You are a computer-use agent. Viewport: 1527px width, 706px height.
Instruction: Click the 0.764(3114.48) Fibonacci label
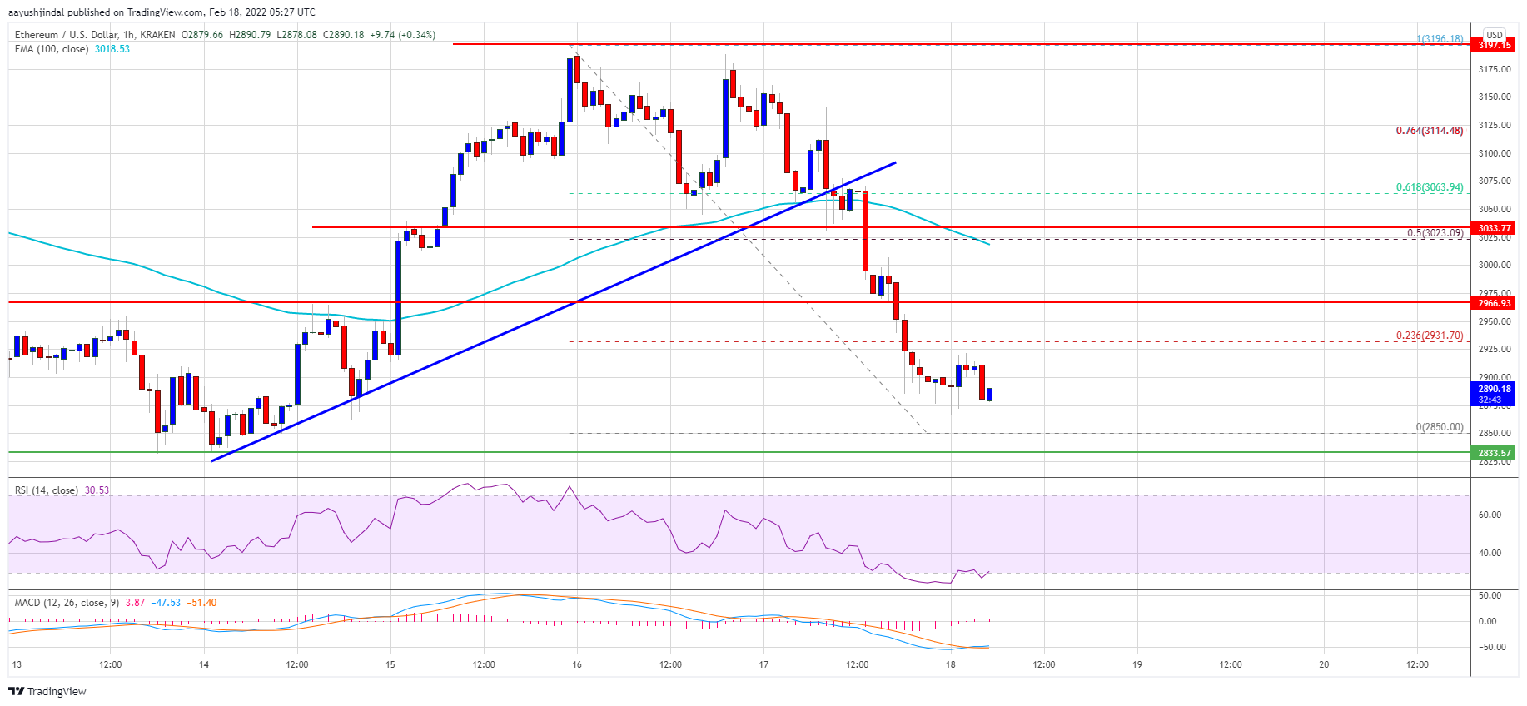(x=1429, y=131)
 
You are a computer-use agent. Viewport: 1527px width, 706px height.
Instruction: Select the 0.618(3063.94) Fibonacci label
(x=1429, y=187)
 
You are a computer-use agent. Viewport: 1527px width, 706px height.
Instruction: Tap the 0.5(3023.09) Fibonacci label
(x=1435, y=233)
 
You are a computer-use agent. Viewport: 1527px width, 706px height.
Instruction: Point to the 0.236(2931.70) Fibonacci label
(x=1429, y=336)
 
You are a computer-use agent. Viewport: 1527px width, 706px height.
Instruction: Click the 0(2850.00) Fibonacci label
(x=1439, y=427)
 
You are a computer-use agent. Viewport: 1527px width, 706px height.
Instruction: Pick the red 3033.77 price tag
(x=1494, y=228)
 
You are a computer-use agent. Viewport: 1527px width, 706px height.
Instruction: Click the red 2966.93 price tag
(x=1494, y=303)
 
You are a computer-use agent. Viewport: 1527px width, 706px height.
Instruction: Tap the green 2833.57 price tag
(x=1494, y=453)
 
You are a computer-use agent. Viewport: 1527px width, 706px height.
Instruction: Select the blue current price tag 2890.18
(x=1494, y=390)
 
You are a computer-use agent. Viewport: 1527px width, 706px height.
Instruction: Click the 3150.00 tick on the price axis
(x=1494, y=97)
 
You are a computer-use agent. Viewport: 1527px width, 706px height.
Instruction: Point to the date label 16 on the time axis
(x=577, y=664)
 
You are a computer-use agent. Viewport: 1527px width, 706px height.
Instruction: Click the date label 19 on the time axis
(x=1137, y=664)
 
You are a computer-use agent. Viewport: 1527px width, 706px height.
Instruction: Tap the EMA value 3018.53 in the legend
(x=112, y=49)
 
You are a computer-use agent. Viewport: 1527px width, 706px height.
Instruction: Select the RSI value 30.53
(x=97, y=490)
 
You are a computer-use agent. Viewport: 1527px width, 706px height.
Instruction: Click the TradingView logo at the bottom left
(x=47, y=691)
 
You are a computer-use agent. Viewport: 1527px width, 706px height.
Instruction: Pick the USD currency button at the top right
(x=1494, y=35)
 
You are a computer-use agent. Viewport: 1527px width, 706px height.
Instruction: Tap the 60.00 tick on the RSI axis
(x=1490, y=515)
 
